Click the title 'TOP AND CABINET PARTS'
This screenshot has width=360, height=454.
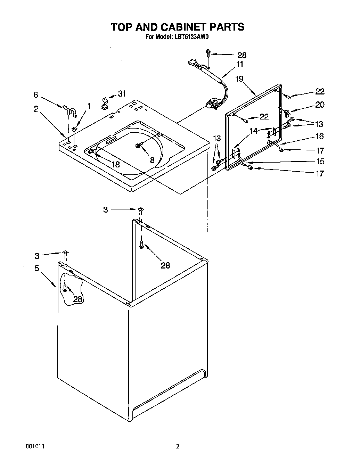178,27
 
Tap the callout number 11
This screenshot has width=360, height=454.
240,64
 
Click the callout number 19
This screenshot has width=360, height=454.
239,79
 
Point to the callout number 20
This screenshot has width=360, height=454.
319,105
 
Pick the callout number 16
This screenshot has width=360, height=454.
319,136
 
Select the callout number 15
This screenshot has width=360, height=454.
320,161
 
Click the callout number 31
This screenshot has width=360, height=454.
122,93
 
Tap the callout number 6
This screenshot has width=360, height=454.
35,94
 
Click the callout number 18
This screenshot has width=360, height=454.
115,164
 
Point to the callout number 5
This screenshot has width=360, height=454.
36,268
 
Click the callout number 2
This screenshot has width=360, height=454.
36,109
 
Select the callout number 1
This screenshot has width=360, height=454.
89,106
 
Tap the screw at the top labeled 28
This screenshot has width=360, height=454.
208,53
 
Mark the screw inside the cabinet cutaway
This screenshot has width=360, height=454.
65,287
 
